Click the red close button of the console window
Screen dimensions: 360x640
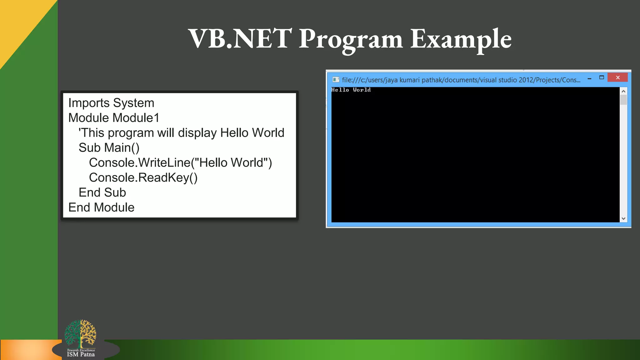[x=617, y=77]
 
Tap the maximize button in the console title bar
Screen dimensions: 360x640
[x=602, y=77]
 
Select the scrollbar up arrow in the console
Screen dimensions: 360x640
[x=623, y=91]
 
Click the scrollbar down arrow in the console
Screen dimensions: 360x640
[x=623, y=218]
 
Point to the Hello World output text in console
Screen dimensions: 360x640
[x=351, y=90]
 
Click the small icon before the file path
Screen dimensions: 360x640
[x=336, y=80]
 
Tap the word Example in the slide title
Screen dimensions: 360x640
[x=461, y=39]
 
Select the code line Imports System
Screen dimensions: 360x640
[x=111, y=103]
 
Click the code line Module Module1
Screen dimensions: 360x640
[x=114, y=118]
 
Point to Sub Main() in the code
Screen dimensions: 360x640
[x=109, y=148]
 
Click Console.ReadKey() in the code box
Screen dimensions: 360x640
[x=143, y=177]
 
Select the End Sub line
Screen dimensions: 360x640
[x=102, y=192]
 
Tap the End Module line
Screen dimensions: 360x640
[x=101, y=207]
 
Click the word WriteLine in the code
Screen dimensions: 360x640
[x=164, y=163]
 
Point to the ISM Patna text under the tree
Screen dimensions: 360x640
[x=81, y=354]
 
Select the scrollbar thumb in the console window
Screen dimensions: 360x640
[x=623, y=100]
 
